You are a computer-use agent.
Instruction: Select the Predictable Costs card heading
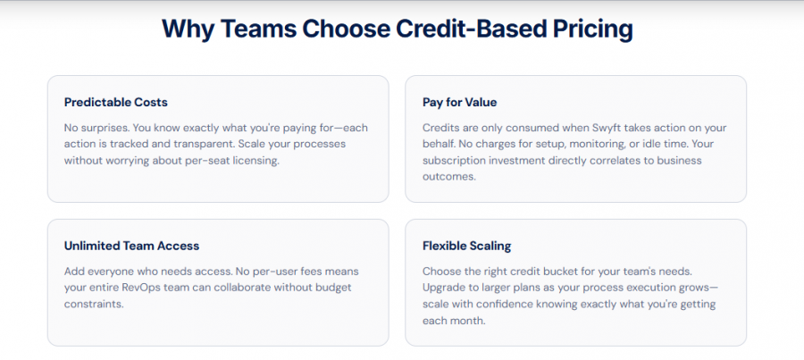116,102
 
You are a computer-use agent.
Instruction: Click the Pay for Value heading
460,102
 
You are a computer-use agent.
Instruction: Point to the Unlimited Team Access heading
132,246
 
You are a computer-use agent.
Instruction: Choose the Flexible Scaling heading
467,246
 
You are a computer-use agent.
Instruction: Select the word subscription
455,160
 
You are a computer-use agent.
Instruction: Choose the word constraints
94,304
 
